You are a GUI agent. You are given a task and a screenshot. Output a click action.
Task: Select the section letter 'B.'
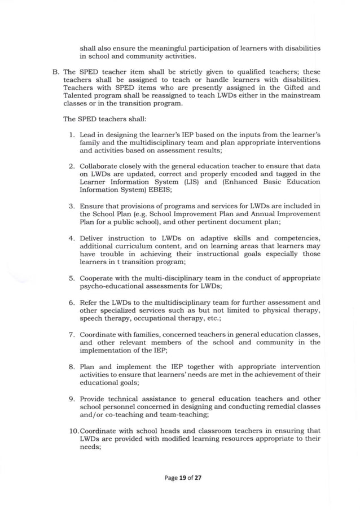[x=55, y=73]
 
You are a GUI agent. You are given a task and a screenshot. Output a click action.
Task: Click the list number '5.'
[x=72, y=278]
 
